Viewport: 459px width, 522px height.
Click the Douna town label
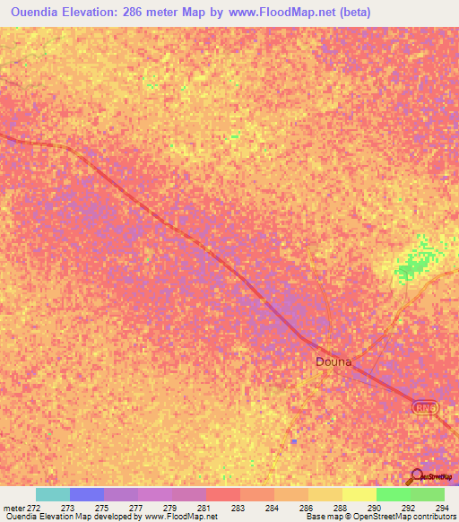click(333, 362)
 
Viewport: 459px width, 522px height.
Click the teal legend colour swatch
click(53, 494)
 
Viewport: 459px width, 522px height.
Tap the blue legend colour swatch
click(87, 494)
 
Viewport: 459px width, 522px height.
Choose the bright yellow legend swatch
click(359, 494)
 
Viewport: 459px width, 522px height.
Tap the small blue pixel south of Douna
click(293, 441)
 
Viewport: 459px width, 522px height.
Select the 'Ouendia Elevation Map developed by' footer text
click(66, 517)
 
